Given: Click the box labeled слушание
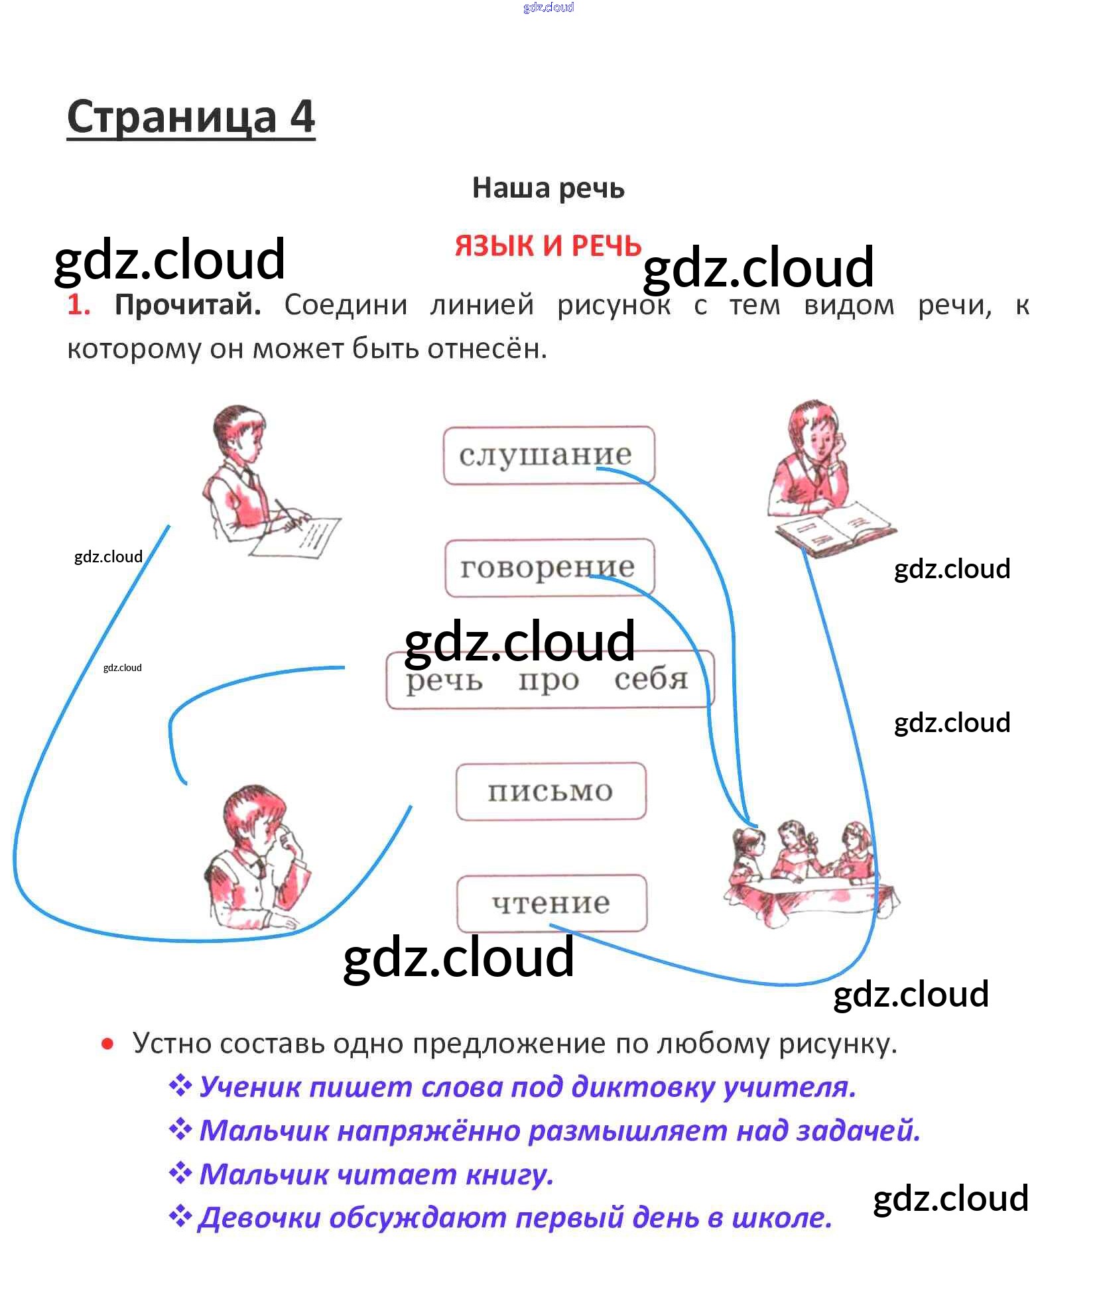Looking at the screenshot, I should [548, 455].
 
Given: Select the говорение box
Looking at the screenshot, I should [548, 567].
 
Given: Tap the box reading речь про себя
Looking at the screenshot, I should [548, 680].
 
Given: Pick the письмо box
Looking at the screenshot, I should [550, 791].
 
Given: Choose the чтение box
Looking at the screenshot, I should [550, 903].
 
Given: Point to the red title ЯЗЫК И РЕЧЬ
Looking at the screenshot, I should [548, 246].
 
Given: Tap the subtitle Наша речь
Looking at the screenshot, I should [548, 188].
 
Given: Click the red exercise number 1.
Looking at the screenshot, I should [78, 305].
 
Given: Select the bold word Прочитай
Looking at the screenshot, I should [188, 305].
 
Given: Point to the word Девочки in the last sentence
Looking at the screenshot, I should [259, 1218].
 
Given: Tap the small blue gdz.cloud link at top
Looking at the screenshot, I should [548, 7].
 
